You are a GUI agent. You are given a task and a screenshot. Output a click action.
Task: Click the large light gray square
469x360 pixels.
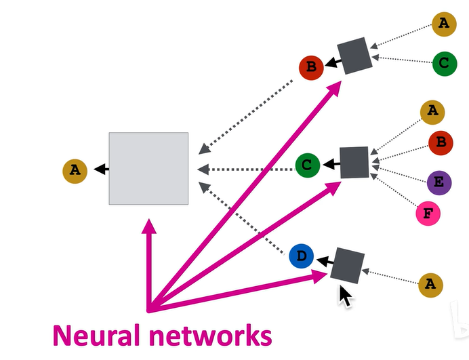click(148, 169)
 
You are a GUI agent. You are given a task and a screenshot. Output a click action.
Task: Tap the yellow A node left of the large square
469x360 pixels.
click(75, 171)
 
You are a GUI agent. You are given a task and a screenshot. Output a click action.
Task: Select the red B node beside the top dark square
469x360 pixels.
click(311, 68)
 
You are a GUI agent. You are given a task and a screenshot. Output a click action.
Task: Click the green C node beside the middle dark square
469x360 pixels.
click(308, 165)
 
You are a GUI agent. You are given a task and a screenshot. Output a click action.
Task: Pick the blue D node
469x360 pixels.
click(302, 256)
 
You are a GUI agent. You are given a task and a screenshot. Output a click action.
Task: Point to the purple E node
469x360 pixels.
click(439, 183)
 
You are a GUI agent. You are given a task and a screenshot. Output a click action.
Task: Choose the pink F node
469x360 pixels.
click(428, 214)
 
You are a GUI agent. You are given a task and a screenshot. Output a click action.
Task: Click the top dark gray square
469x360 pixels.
click(354, 56)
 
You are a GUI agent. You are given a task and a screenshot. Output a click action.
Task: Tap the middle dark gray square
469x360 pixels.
click(354, 163)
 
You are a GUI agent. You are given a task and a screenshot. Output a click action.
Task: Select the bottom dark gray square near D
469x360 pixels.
click(347, 266)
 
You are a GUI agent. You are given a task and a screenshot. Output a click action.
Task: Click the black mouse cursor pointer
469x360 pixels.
click(345, 296)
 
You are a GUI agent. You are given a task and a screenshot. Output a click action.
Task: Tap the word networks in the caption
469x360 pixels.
click(211, 335)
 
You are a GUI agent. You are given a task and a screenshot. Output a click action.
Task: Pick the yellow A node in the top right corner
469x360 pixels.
click(444, 24)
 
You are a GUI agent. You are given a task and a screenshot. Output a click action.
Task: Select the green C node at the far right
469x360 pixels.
click(445, 64)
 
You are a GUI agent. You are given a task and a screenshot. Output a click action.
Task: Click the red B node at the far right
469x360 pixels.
click(441, 143)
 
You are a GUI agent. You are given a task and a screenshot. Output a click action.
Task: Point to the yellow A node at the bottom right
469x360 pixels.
click(431, 285)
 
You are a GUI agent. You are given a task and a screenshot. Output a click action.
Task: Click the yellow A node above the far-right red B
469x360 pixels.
click(432, 113)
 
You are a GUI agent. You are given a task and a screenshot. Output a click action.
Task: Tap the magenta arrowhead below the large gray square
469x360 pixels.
click(148, 226)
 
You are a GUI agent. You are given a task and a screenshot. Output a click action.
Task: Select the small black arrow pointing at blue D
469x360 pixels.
click(325, 261)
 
